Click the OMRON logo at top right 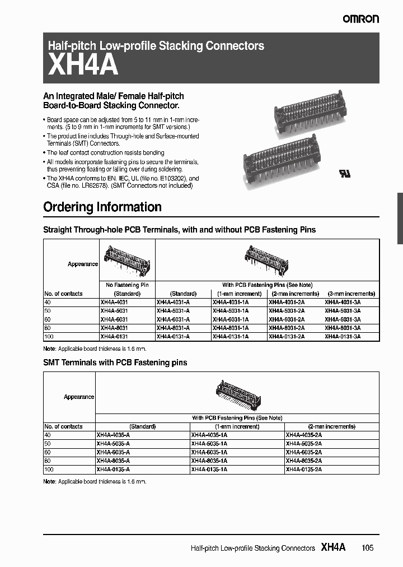click(x=360, y=19)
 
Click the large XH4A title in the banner click(x=83, y=66)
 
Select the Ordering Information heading click(x=102, y=207)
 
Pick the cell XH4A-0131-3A click(x=343, y=336)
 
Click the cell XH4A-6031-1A click(x=231, y=319)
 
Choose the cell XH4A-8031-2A click(x=287, y=328)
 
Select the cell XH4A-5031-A click(x=174, y=311)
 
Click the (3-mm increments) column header click(x=350, y=294)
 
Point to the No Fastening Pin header click(x=127, y=285)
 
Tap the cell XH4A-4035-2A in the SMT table click(x=303, y=435)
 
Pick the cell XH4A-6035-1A click(x=209, y=452)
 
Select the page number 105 click(x=367, y=549)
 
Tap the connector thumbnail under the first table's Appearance click(x=127, y=259)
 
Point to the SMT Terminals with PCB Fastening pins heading click(x=115, y=362)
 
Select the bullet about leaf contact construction click(x=105, y=152)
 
